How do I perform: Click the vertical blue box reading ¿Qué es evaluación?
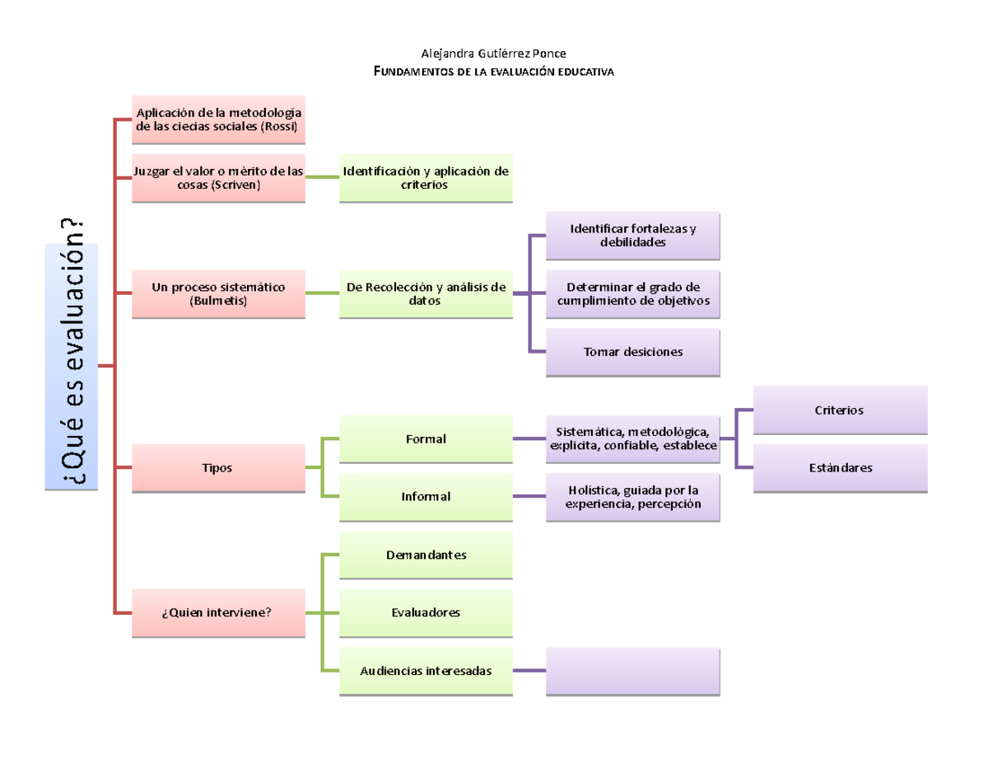pyautogui.click(x=71, y=367)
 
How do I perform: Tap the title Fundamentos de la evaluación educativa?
pyautogui.click(x=493, y=72)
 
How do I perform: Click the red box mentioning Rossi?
pyautogui.click(x=218, y=120)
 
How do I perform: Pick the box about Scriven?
pyautogui.click(x=218, y=178)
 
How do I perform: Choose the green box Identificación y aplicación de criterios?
pyautogui.click(x=426, y=178)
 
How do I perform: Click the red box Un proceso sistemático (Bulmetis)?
pyautogui.click(x=218, y=293)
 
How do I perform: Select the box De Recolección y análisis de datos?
pyautogui.click(x=426, y=293)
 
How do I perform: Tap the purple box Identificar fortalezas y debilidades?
pyautogui.click(x=632, y=236)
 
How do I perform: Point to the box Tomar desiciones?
pyautogui.click(x=632, y=352)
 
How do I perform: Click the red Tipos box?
pyautogui.click(x=218, y=468)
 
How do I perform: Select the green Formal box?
pyautogui.click(x=426, y=438)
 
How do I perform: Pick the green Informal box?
pyautogui.click(x=426, y=497)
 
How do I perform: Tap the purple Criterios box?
pyautogui.click(x=840, y=410)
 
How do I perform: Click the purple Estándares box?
pyautogui.click(x=840, y=468)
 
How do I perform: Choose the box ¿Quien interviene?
pyautogui.click(x=218, y=613)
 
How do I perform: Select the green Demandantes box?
pyautogui.click(x=426, y=555)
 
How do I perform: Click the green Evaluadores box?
pyautogui.click(x=426, y=613)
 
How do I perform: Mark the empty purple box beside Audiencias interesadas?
pyautogui.click(x=632, y=671)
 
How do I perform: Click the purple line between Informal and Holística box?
pyautogui.click(x=529, y=496)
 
